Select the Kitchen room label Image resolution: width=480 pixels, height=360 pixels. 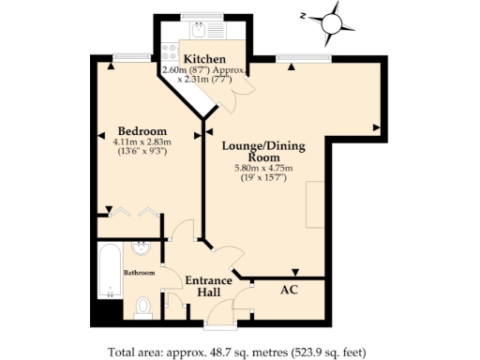[x=204, y=59]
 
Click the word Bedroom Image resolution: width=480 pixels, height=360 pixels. [x=142, y=130]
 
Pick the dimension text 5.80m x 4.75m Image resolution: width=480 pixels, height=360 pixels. [x=263, y=169]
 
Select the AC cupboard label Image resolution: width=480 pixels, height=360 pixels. [x=291, y=290]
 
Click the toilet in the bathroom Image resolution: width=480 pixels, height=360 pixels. [x=143, y=306]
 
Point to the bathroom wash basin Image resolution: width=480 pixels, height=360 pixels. [x=141, y=248]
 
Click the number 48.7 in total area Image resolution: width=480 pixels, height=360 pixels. [x=217, y=352]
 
